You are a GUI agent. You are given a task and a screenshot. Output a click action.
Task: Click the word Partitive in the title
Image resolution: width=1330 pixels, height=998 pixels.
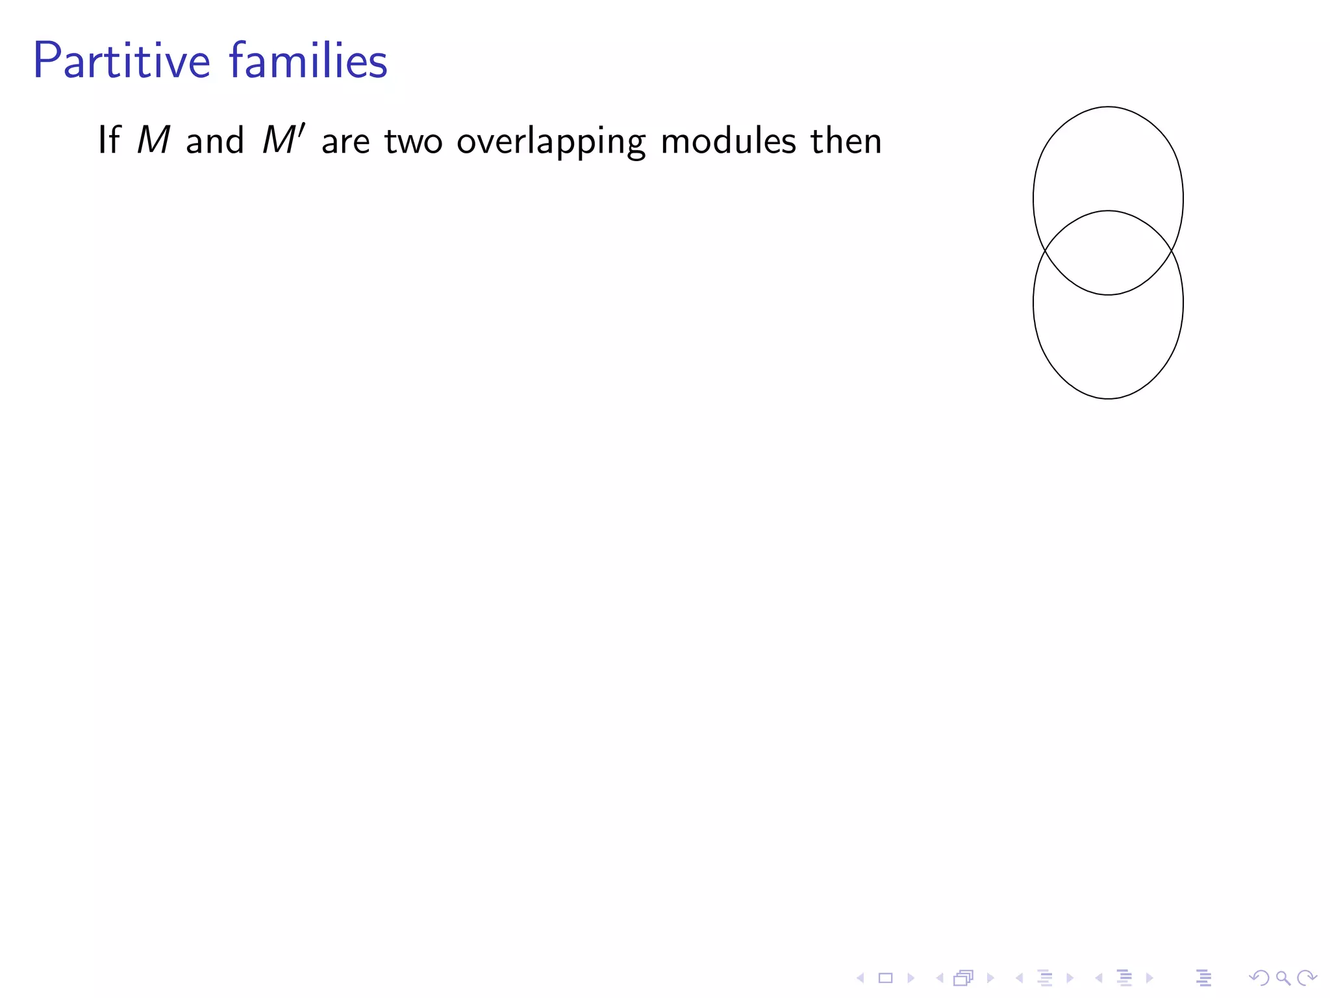pos(121,61)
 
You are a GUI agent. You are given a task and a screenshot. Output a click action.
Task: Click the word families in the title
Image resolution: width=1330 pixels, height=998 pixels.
pos(308,61)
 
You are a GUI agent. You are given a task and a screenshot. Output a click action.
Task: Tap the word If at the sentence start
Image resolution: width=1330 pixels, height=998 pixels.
pos(108,140)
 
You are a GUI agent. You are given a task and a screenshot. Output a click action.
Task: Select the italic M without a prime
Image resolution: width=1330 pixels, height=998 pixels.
pos(154,140)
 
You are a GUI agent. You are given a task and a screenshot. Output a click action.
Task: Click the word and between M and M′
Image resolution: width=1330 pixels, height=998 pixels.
pos(214,141)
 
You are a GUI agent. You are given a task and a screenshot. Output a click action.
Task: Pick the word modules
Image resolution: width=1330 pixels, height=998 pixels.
pos(728,140)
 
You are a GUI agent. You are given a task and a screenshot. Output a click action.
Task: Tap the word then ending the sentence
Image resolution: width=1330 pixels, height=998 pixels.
pos(846,140)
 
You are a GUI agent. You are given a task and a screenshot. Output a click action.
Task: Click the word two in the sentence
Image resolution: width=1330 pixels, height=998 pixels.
pos(413,141)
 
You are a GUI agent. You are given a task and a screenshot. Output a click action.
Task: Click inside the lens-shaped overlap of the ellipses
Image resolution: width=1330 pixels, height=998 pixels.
pos(1108,253)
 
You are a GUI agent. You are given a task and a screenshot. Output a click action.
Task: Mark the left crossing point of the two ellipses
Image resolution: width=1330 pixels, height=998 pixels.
pos(1044,251)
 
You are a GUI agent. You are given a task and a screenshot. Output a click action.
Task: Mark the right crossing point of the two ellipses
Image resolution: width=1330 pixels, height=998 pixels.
pos(1172,251)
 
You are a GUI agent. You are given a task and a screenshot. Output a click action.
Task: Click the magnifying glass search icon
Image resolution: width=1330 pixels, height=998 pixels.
pos(1283,977)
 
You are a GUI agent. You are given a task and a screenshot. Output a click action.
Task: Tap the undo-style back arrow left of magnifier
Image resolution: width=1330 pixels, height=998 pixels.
pos(1259,977)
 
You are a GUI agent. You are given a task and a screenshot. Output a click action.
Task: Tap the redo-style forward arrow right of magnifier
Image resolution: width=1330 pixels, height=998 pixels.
pos(1306,977)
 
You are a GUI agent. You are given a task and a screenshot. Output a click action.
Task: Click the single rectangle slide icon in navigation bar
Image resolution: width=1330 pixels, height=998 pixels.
pos(885,978)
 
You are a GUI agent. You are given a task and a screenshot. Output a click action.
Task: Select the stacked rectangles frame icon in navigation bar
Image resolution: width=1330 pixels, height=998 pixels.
pos(963,978)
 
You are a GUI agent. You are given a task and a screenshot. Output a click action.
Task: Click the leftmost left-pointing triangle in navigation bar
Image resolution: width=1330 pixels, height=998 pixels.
pos(860,978)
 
